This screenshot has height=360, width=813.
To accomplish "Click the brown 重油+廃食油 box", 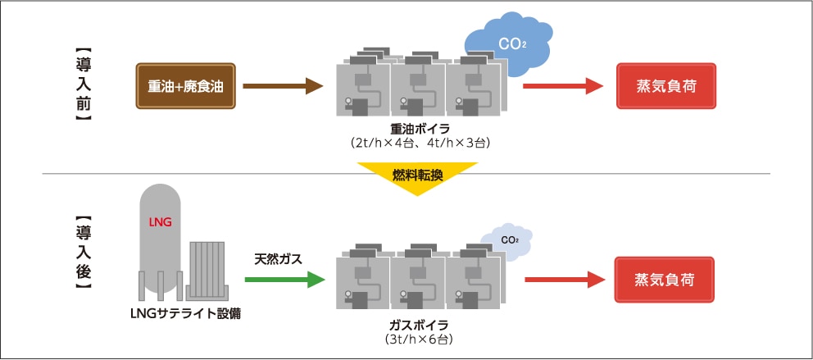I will point(186,86).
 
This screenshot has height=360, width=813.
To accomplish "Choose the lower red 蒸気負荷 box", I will point(665,280).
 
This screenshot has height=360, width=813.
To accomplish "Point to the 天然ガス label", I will point(279,259).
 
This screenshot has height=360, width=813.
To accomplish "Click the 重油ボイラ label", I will point(419,129).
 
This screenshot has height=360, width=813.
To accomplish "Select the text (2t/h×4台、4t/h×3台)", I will point(419,144).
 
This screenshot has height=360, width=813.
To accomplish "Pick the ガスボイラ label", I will point(419,323).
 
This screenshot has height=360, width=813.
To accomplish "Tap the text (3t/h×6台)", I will point(419,338).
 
